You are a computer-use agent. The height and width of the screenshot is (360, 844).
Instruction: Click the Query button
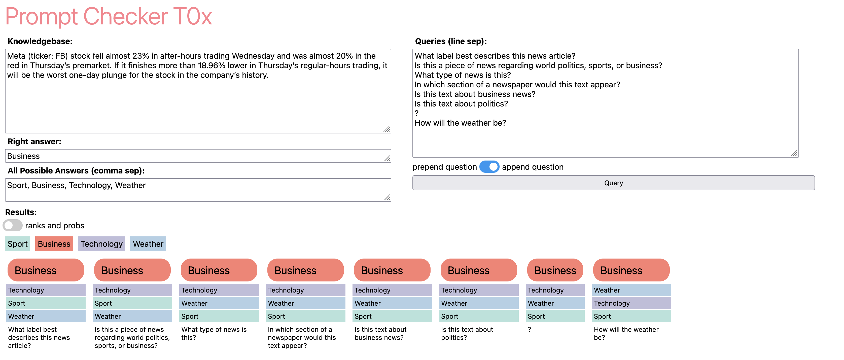[613, 183]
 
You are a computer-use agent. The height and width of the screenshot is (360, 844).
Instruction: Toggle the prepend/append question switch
[489, 167]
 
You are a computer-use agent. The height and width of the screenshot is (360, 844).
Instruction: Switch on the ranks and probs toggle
[12, 225]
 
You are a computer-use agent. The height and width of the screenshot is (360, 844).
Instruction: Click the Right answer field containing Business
[198, 156]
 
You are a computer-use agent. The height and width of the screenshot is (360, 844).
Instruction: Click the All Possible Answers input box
[198, 190]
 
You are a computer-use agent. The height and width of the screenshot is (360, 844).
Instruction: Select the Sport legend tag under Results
[18, 244]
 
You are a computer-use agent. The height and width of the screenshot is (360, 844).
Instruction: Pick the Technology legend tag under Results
[101, 244]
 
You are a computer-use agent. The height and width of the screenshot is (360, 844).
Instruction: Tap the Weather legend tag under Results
[148, 244]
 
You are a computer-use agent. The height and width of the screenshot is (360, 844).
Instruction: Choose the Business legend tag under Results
[54, 244]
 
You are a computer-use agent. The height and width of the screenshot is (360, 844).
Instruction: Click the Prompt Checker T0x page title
[109, 16]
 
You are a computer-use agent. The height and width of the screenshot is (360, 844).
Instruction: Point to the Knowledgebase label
[40, 41]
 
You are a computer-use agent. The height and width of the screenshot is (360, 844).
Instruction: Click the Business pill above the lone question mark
[555, 270]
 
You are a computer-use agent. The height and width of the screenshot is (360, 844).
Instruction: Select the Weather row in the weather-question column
[631, 290]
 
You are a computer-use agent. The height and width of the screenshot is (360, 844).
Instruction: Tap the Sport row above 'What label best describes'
[46, 303]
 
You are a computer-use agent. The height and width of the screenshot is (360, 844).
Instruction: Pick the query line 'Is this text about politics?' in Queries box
[461, 103]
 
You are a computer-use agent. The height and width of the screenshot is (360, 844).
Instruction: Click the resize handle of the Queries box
[794, 153]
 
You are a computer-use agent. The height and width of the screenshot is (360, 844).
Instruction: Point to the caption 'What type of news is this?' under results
[214, 334]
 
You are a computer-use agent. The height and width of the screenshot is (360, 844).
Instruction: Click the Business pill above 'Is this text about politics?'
[478, 270]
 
